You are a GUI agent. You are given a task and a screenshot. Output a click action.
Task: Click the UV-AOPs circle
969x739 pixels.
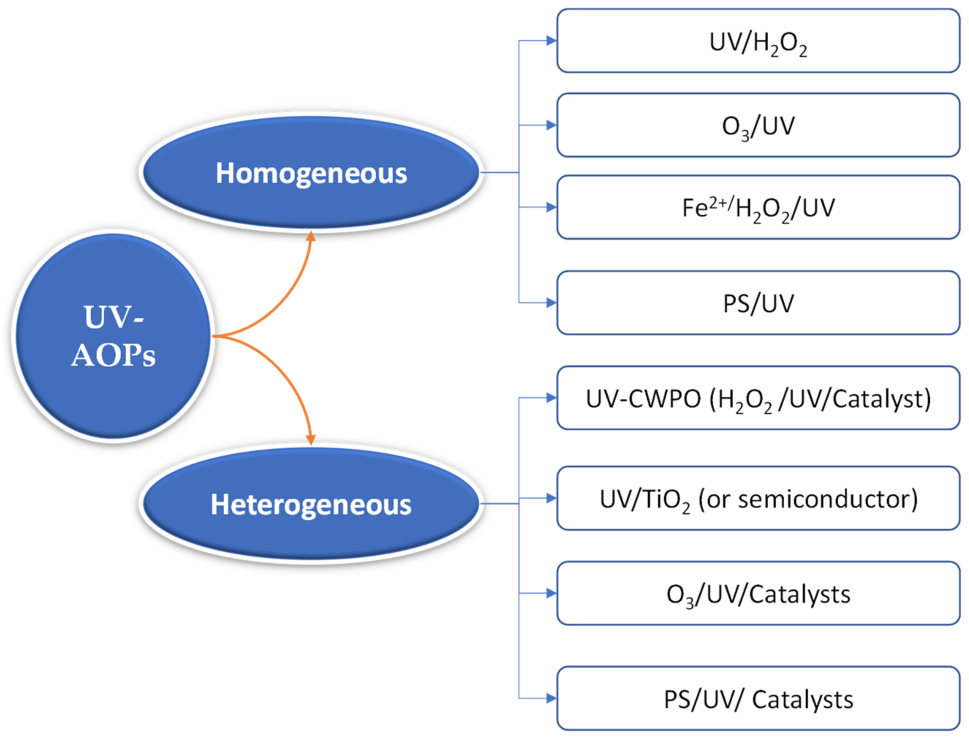113,336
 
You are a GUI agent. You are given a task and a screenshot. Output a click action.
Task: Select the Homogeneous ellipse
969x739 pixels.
311,172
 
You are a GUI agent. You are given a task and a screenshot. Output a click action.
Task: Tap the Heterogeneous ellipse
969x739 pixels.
311,504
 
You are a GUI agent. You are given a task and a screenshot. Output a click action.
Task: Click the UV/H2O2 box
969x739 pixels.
758,41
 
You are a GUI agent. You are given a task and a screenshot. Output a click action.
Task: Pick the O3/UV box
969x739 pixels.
758,125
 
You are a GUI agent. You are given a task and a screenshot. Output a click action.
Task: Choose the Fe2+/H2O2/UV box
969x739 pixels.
758,207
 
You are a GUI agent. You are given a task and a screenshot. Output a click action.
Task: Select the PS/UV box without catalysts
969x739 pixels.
758,303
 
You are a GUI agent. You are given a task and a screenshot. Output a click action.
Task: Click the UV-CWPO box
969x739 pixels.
758,398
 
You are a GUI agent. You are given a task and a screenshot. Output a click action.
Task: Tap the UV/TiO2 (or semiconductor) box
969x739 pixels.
758,498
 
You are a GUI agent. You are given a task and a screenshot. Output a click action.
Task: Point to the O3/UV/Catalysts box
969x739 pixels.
758,593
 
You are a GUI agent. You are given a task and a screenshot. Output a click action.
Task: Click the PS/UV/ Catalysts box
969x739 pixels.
758,698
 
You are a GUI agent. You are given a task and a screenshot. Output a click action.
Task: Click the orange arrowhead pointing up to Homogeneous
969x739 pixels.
311,237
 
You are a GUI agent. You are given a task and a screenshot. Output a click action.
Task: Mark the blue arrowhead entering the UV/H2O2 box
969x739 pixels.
551,41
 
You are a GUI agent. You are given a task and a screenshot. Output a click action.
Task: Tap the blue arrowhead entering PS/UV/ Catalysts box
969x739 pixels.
551,698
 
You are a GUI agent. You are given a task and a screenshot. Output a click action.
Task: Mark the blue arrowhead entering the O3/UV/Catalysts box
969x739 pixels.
551,593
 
